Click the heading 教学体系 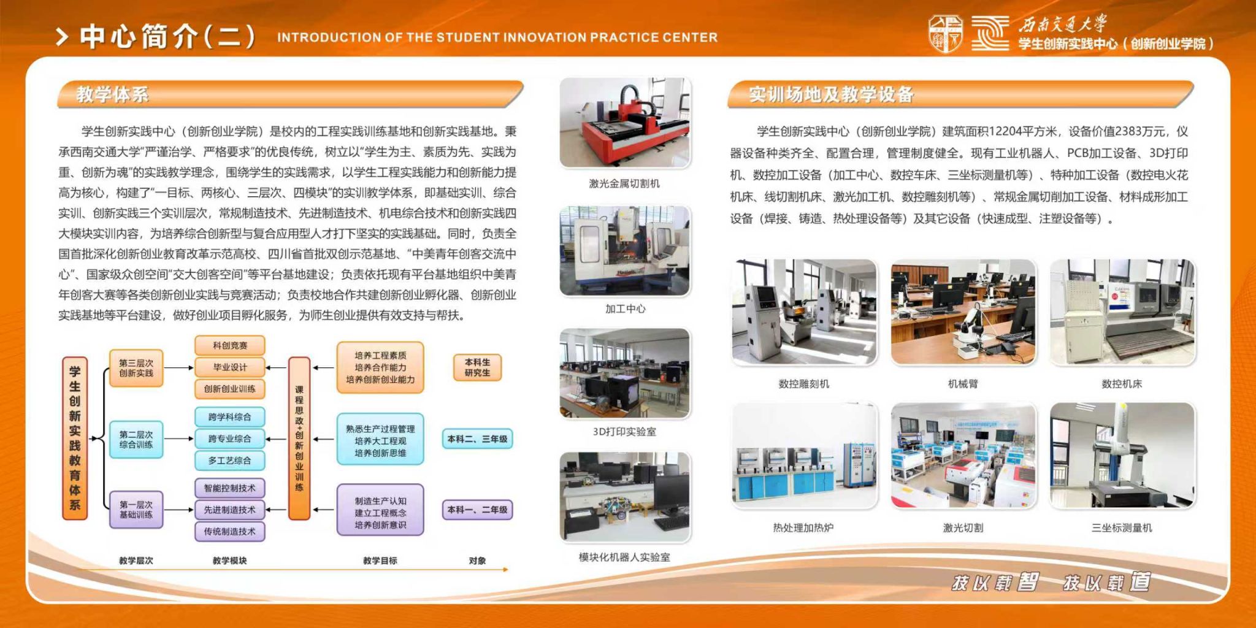coord(112,94)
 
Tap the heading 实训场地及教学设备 coord(831,94)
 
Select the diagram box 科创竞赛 coord(230,345)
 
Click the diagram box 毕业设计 coord(230,367)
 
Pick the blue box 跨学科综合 coord(230,417)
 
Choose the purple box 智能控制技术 coord(230,488)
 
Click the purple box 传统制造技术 coord(230,532)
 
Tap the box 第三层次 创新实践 coord(136,368)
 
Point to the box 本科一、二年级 coord(477,510)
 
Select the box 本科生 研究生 coord(477,367)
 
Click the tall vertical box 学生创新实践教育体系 coord(75,438)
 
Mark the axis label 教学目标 coord(380,561)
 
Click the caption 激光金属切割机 coord(624,183)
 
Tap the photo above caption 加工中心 coord(625,251)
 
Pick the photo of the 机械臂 coord(963,312)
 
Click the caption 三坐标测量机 coord(1122,527)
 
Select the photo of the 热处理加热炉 coord(804,455)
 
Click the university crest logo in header coord(945,34)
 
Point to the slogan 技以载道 coord(1107,582)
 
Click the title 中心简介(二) coord(167,36)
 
